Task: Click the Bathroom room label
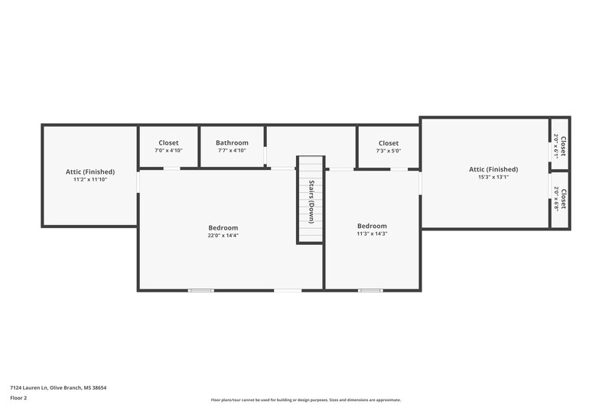(232, 142)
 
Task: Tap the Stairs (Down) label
(311, 201)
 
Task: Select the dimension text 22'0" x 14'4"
(223, 236)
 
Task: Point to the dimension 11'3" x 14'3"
(373, 233)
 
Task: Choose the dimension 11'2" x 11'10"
(90, 180)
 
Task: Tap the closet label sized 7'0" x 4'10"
(168, 142)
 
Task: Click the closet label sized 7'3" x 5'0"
(389, 142)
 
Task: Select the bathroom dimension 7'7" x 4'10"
(232, 151)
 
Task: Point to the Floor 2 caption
(19, 398)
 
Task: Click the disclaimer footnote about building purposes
(306, 400)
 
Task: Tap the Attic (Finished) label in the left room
(90, 171)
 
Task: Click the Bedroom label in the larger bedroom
(223, 227)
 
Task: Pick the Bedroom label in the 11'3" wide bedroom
(373, 226)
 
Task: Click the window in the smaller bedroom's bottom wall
(370, 290)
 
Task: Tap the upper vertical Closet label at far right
(564, 146)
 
